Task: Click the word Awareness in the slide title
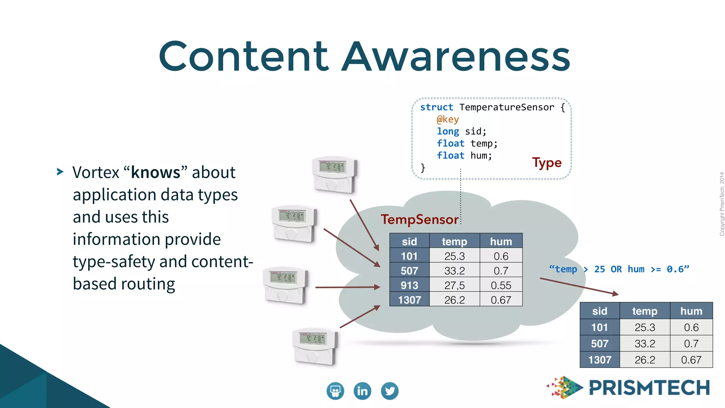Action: (x=457, y=57)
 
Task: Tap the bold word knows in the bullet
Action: (x=155, y=173)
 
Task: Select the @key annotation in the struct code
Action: (x=447, y=119)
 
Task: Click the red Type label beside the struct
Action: (x=547, y=163)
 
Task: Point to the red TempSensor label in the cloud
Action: (x=419, y=220)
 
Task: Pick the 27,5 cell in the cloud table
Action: (x=454, y=285)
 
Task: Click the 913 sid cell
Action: (x=409, y=285)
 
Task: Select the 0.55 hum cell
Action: (x=501, y=285)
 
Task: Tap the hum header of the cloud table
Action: (x=501, y=242)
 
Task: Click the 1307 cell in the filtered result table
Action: (x=600, y=360)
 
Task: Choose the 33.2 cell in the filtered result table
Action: (x=645, y=344)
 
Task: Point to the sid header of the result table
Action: (x=600, y=311)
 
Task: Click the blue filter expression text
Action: (x=619, y=270)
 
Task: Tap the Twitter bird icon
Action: (x=390, y=391)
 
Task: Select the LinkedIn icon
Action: (x=362, y=391)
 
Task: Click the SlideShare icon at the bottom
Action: (x=335, y=391)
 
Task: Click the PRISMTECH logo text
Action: (x=649, y=388)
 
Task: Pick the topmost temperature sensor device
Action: (x=335, y=175)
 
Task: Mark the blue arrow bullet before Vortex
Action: (x=60, y=172)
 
